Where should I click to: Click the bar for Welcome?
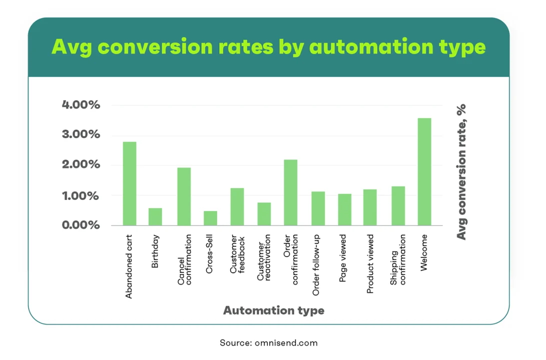pyautogui.click(x=424, y=172)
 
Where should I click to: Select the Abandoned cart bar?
pyautogui.click(x=130, y=183)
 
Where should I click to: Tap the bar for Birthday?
pyautogui.click(x=155, y=216)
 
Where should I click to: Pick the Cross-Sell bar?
pyautogui.click(x=210, y=218)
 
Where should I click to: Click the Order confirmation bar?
pyautogui.click(x=291, y=192)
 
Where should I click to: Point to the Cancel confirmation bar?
pyautogui.click(x=184, y=196)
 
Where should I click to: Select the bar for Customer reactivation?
pyautogui.click(x=264, y=214)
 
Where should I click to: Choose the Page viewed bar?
pyautogui.click(x=345, y=209)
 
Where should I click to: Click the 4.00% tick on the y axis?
pyautogui.click(x=81, y=104)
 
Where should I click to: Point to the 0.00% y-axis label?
pyautogui.click(x=81, y=225)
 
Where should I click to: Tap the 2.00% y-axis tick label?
pyautogui.click(x=81, y=164)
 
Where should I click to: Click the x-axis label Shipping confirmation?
pyautogui.click(x=398, y=259)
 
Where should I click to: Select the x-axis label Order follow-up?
pyautogui.click(x=316, y=265)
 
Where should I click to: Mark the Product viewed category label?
pyautogui.click(x=370, y=263)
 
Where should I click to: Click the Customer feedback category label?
pyautogui.click(x=238, y=254)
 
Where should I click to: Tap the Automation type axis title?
pyautogui.click(x=274, y=310)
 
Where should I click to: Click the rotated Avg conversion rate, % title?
pyautogui.click(x=461, y=172)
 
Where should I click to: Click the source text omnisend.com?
pyautogui.click(x=286, y=343)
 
